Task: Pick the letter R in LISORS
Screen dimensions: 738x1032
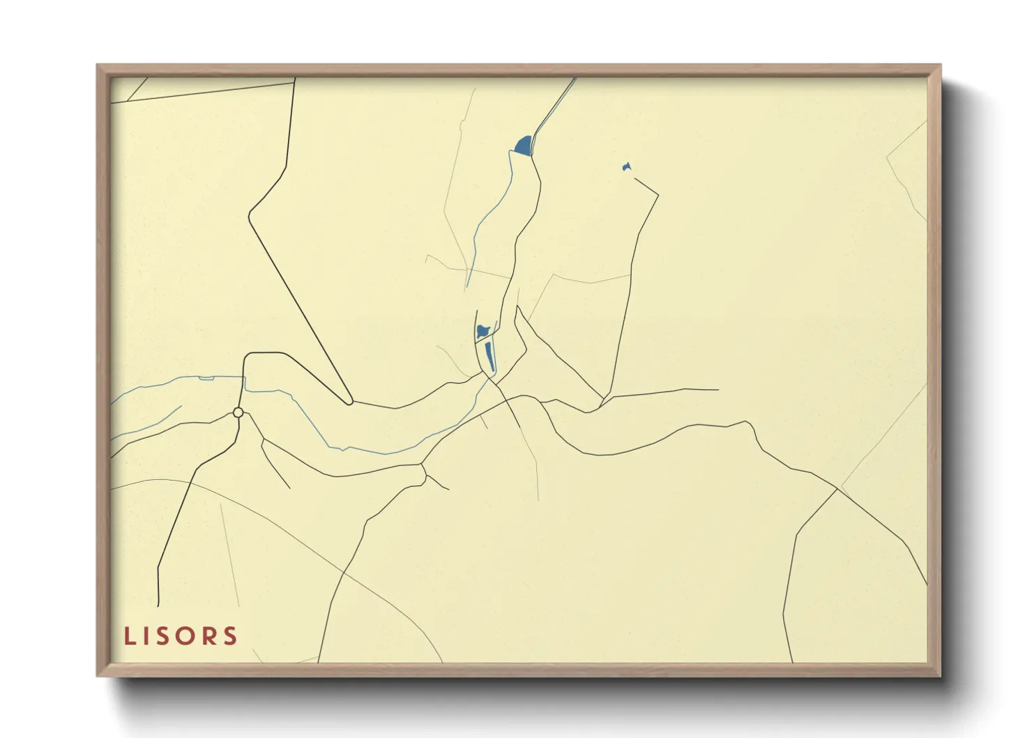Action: tap(210, 636)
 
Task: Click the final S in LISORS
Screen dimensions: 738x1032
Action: tap(231, 636)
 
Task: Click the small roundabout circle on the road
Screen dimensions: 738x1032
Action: tap(238, 413)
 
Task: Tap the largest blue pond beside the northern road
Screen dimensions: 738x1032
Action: tap(524, 146)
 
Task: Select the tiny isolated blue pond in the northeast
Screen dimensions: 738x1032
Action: tap(626, 167)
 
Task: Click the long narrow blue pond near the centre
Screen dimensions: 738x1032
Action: tap(490, 356)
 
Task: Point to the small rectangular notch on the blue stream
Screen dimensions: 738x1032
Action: tap(206, 378)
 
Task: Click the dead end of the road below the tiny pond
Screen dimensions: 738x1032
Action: tap(635, 178)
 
